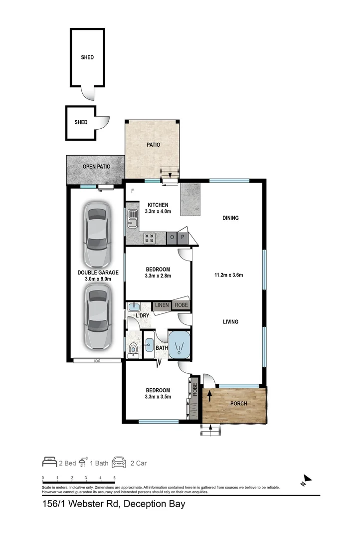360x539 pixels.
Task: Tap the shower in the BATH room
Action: [x=179, y=345]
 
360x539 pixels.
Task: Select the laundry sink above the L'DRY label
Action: [x=134, y=307]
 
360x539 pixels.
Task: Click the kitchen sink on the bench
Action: [x=133, y=218]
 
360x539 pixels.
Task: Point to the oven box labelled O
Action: [x=173, y=238]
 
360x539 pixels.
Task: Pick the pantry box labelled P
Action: [x=183, y=238]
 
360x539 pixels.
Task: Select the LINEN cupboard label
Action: [x=162, y=305]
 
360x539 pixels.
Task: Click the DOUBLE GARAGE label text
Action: [x=98, y=272]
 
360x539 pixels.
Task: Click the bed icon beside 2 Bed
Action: [x=49, y=463]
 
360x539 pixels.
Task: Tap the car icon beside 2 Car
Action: [x=119, y=463]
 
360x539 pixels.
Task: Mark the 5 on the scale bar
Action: [x=115, y=478]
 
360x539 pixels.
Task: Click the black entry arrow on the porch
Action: [x=209, y=396]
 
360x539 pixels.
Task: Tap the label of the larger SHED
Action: [x=87, y=57]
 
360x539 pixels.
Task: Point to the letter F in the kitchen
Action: [x=133, y=191]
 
